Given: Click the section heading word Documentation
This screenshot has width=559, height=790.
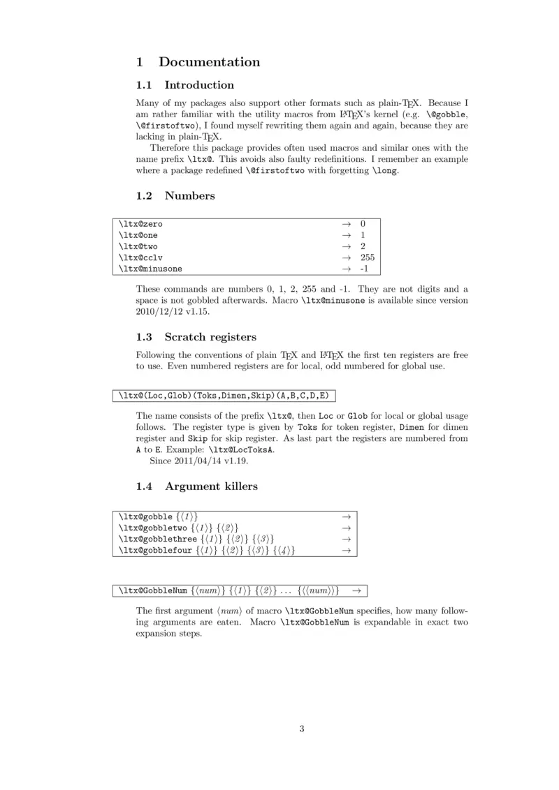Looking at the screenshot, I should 209,62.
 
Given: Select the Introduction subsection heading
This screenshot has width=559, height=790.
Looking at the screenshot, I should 199,85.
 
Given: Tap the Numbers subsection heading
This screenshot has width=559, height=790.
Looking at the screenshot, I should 189,196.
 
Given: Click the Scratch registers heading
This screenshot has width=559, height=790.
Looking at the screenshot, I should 210,337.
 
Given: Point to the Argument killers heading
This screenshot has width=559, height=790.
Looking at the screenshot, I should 211,486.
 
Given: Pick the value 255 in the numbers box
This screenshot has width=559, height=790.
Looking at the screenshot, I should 368,258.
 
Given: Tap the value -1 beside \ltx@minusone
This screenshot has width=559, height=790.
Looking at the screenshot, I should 364,269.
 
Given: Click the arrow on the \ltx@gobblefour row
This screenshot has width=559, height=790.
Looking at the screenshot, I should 344,551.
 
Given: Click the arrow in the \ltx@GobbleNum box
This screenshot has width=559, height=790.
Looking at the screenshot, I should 356,591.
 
